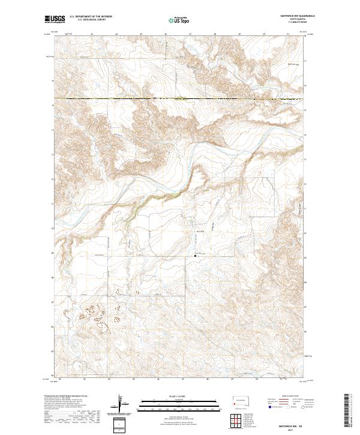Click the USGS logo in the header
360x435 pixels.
tap(55, 19)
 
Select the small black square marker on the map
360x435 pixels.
tap(196, 256)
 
